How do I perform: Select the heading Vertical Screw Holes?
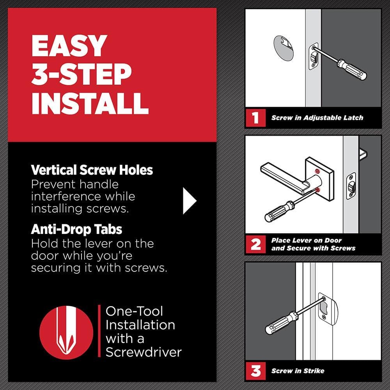92,170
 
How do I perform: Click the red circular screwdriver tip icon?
66,331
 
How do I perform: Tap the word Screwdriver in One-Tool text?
144,352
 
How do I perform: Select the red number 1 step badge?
255,118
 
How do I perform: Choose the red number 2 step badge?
255,245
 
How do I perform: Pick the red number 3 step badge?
255,371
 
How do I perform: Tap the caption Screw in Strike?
298,371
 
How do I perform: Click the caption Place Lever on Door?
307,240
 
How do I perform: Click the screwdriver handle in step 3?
279,324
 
